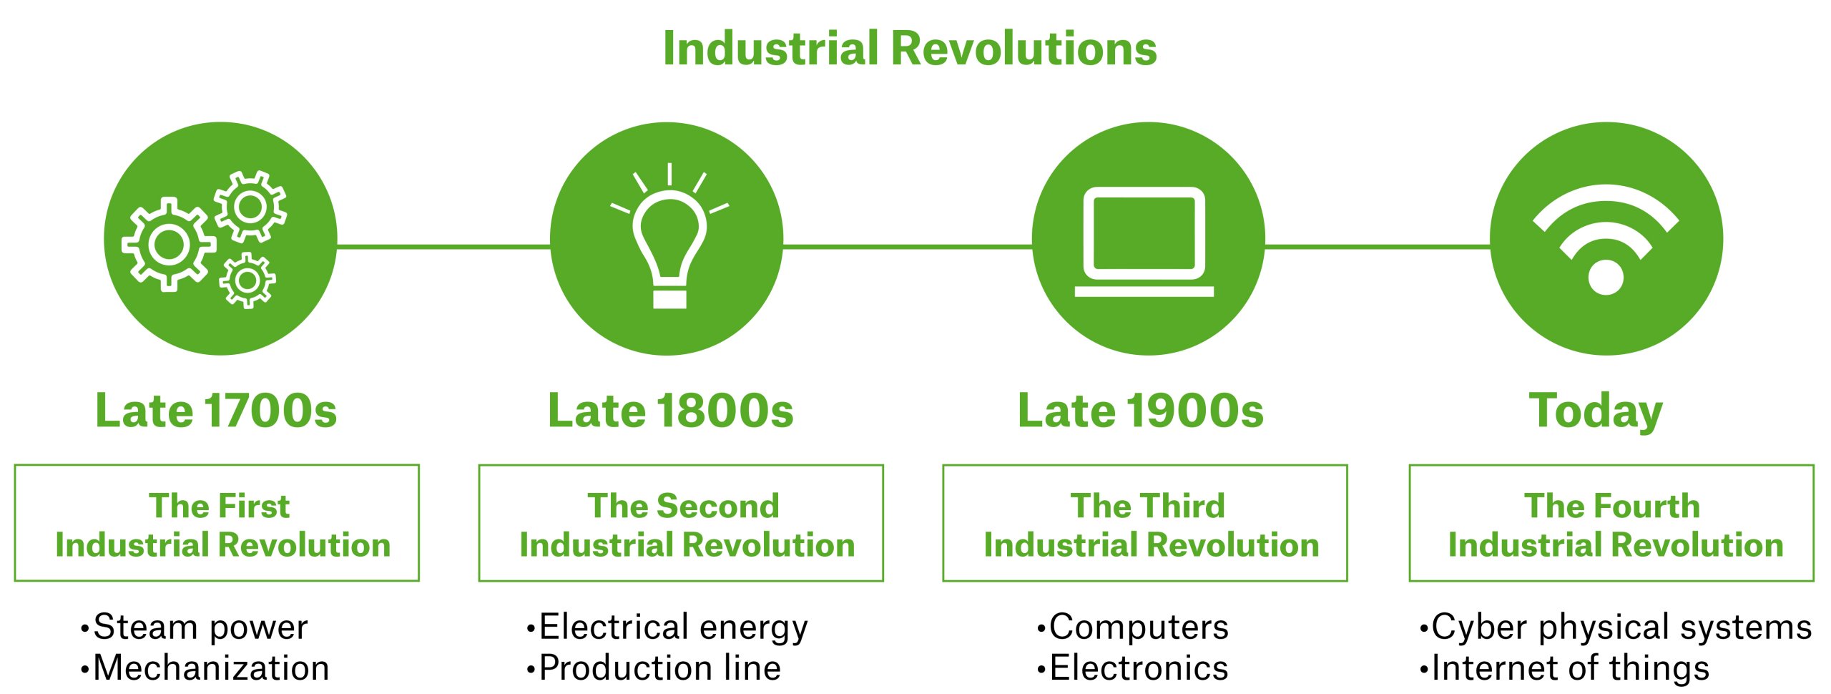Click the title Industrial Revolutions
point(910,49)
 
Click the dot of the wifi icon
point(1606,278)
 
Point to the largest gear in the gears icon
point(170,245)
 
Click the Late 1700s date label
point(216,411)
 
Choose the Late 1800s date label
point(671,411)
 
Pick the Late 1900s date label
point(1141,411)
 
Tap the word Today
point(1596,411)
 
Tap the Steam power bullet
point(200,627)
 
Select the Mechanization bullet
point(211,668)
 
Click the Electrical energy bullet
point(672,627)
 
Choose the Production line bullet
point(659,668)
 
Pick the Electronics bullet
point(1139,668)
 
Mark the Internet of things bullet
point(1570,668)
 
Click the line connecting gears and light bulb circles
point(443,247)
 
